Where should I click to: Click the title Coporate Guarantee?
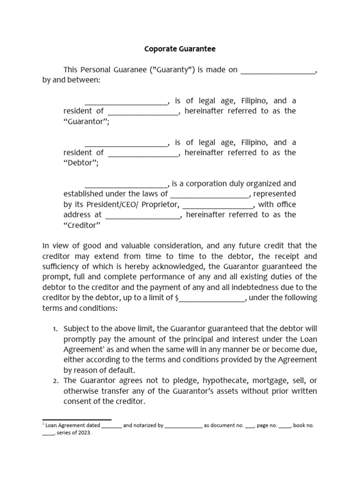click(x=180, y=49)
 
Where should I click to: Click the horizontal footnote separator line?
click(x=77, y=420)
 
